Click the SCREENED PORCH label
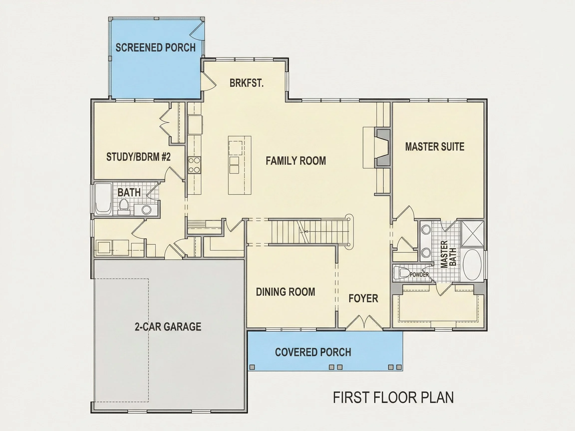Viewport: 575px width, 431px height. click(x=155, y=48)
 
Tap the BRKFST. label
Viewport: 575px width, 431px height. click(x=246, y=83)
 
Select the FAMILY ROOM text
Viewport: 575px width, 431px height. click(x=295, y=161)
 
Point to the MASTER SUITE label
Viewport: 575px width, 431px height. click(x=435, y=146)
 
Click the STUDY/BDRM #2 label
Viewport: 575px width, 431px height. click(x=138, y=157)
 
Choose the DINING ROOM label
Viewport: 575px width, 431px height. click(x=286, y=292)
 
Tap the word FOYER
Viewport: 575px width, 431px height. click(x=363, y=299)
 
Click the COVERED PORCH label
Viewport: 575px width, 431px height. click(x=313, y=352)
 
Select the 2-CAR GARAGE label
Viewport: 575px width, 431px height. click(x=168, y=326)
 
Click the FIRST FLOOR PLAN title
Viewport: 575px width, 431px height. click(x=393, y=398)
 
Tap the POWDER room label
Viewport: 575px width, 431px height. click(x=419, y=275)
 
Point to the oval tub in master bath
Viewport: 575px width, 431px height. click(x=472, y=264)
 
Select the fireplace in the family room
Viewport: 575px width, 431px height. click(x=382, y=147)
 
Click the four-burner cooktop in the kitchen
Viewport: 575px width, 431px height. click(x=194, y=165)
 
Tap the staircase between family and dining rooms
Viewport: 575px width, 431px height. click(x=309, y=232)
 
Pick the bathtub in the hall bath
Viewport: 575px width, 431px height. click(x=103, y=199)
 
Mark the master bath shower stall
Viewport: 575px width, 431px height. click(x=472, y=233)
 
